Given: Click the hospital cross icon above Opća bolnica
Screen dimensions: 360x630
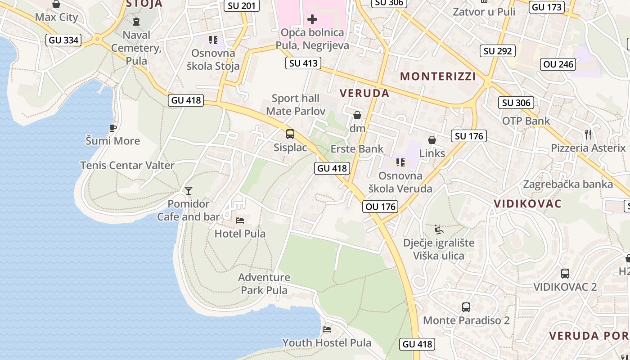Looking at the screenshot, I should click(x=312, y=19).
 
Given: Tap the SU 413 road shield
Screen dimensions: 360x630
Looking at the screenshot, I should click(x=303, y=63).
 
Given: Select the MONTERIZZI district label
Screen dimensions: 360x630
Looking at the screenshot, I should click(x=438, y=76).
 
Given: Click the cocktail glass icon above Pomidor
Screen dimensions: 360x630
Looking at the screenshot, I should click(x=189, y=191).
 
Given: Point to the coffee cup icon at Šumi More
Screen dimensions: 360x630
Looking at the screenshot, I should click(x=113, y=128).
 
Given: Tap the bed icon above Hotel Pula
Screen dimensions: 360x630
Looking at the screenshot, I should click(x=240, y=220).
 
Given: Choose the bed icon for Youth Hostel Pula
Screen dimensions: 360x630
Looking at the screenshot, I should click(x=327, y=329).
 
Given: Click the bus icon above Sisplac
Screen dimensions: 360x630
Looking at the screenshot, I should click(x=290, y=134).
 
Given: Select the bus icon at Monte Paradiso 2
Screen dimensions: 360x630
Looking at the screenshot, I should click(x=466, y=307).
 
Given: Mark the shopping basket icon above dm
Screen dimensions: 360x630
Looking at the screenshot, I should click(x=357, y=115).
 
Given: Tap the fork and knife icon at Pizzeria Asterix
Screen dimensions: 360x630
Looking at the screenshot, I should click(x=588, y=134).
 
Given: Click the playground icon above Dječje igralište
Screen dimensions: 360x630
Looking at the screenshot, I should click(x=439, y=229).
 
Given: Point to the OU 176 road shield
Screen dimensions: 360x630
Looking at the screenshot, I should click(x=381, y=207).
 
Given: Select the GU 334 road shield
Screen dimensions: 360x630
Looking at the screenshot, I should click(x=64, y=40).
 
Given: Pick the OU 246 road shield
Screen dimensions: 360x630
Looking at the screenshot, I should click(x=558, y=64).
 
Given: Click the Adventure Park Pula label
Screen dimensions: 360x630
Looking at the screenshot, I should click(x=264, y=283).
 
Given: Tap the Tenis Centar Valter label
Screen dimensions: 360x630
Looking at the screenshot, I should click(x=127, y=165).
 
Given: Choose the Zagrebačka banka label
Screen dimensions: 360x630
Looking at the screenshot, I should click(x=568, y=184).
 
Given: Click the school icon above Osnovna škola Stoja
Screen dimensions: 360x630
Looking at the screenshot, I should click(x=213, y=40).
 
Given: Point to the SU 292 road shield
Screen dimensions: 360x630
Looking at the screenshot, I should click(x=498, y=51).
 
